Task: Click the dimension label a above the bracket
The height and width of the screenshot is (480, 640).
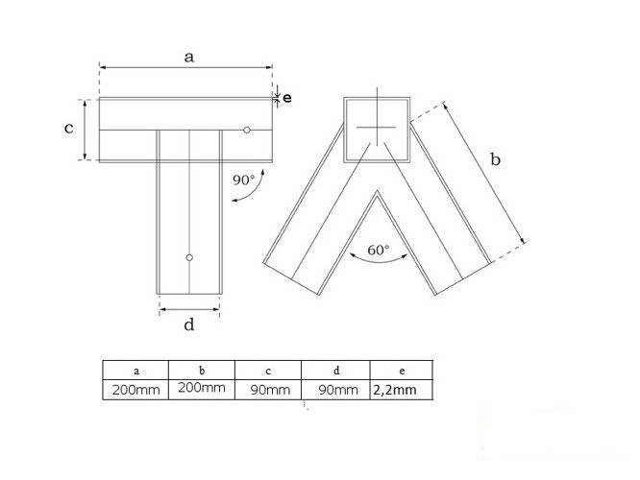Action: click(189, 57)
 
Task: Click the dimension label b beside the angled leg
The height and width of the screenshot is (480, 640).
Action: click(495, 160)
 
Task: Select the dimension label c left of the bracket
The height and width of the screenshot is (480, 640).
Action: click(69, 129)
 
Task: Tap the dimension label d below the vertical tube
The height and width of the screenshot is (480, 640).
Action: click(189, 324)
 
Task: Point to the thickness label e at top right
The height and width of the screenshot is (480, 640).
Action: click(286, 97)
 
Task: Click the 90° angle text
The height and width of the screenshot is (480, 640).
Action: click(243, 179)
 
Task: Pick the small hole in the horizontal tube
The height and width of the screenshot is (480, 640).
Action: click(247, 130)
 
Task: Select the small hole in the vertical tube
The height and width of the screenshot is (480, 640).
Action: click(189, 257)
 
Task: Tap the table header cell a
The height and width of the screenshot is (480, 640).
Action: click(135, 369)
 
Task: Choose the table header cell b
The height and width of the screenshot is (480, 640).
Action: click(201, 369)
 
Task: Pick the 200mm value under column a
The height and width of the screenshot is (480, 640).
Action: click(135, 389)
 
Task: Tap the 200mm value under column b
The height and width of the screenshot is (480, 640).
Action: click(201, 388)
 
